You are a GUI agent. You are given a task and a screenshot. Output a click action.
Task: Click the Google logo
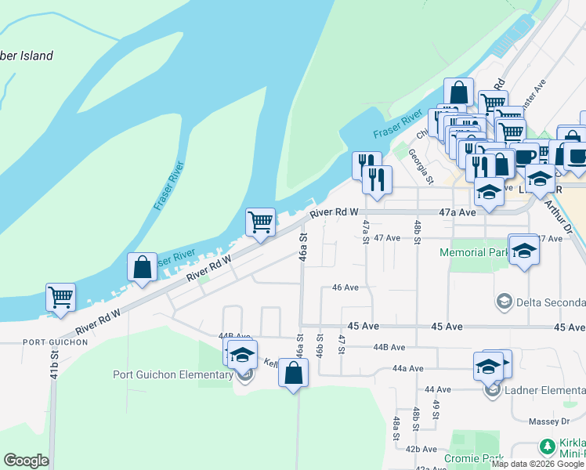pos(27,461)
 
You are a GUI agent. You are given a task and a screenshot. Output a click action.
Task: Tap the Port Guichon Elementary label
pos(173,374)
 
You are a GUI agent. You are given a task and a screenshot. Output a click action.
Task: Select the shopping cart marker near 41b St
pos(60,298)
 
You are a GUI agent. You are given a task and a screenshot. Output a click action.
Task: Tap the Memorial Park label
pos(473,253)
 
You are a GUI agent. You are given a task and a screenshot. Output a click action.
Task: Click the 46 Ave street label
pos(345,287)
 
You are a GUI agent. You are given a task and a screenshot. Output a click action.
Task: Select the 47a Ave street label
pos(458,212)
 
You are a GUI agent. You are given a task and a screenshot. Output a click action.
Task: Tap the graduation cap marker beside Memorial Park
pos(524,251)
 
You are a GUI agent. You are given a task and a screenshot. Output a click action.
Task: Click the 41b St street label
pos(54,363)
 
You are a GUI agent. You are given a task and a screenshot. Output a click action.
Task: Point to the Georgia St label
pos(420,166)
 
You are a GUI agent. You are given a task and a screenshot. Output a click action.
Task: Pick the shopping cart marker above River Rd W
pos(260,222)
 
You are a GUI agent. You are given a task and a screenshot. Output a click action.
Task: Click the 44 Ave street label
pos(438,389)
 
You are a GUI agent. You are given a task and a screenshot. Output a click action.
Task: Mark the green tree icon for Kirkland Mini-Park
pos(547,447)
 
